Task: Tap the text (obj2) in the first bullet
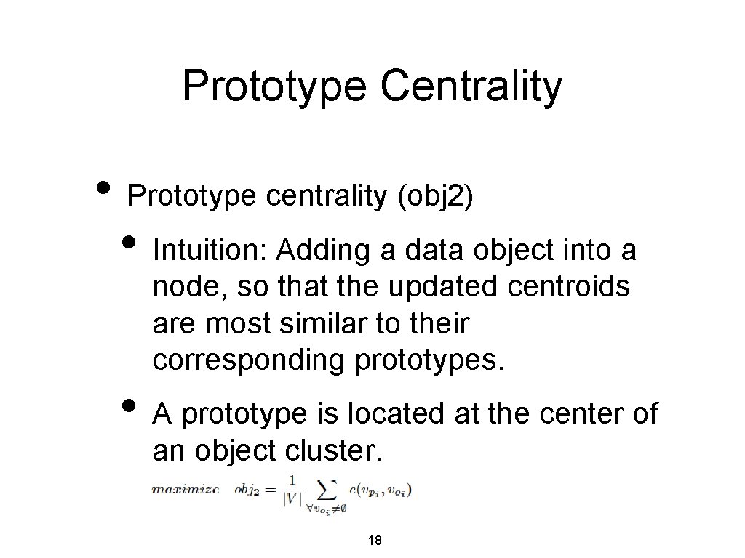[x=436, y=196]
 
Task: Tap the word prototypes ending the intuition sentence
[x=429, y=360]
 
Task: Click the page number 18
[x=375, y=541]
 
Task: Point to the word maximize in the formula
[x=186, y=489]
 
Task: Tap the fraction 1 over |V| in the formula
[x=291, y=489]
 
